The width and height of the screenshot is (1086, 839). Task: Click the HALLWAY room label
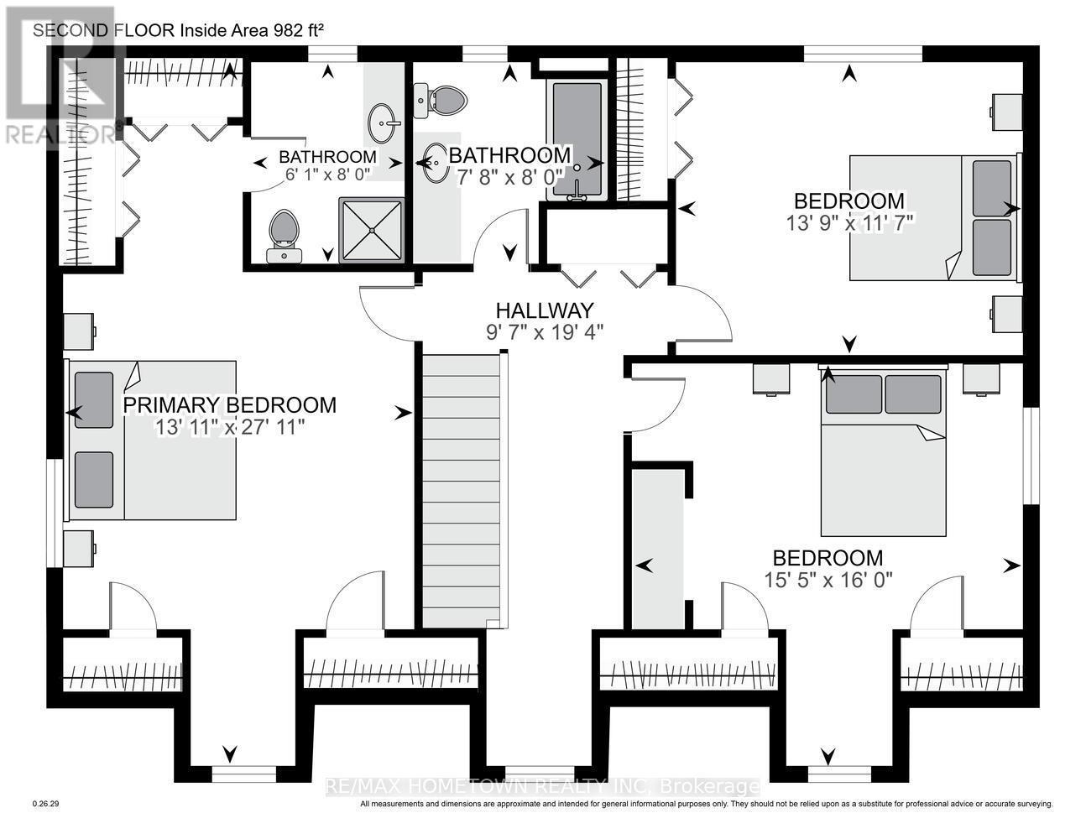pyautogui.click(x=544, y=310)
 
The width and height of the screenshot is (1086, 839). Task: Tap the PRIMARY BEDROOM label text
pyautogui.click(x=230, y=405)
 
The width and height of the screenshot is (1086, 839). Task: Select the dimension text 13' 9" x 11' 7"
pyautogui.click(x=849, y=223)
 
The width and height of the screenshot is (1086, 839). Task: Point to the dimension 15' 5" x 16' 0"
pyautogui.click(x=828, y=580)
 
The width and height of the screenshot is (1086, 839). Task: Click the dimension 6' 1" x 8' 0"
pyautogui.click(x=328, y=175)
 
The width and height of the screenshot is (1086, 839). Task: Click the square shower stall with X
pyautogui.click(x=372, y=230)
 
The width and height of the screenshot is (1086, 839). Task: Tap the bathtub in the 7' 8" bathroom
pyautogui.click(x=577, y=140)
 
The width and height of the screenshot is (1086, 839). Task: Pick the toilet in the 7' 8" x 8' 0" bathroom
pyautogui.click(x=441, y=102)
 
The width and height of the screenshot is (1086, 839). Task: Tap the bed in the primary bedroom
pyautogui.click(x=150, y=440)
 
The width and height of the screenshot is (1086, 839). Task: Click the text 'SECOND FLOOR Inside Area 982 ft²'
pyautogui.click(x=179, y=30)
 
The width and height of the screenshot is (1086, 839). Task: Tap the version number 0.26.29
pyautogui.click(x=46, y=804)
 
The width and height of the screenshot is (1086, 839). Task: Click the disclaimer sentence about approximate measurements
pyautogui.click(x=707, y=804)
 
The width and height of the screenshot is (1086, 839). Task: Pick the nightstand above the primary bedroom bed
pyautogui.click(x=80, y=331)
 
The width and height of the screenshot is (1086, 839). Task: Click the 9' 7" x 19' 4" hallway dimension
pyautogui.click(x=545, y=332)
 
